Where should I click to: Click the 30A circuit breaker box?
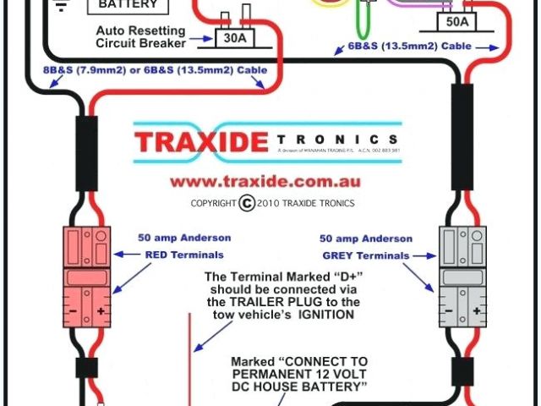(232, 37)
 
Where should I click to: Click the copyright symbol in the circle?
(247, 203)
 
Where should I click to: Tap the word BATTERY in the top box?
(128, 4)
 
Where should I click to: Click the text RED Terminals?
(185, 254)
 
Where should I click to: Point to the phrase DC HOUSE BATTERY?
(300, 387)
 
